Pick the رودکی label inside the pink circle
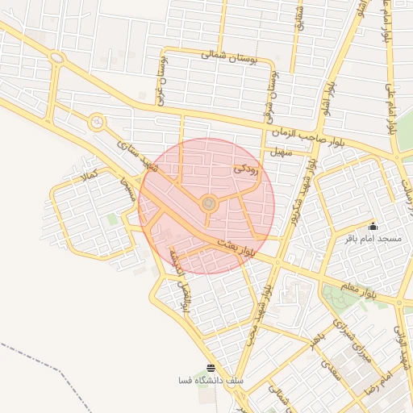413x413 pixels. [245, 169]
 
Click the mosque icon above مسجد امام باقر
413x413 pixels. [373, 227]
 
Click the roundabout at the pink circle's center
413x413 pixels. [208, 205]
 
